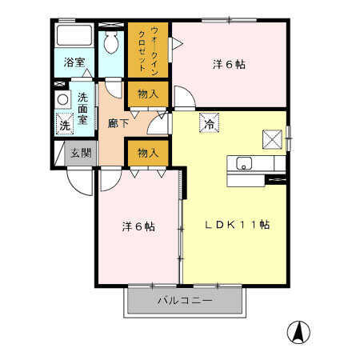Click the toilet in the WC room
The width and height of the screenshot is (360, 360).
111,42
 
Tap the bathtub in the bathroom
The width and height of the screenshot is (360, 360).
74,35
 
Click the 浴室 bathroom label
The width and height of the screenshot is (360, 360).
74,62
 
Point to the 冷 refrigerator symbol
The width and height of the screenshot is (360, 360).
210,123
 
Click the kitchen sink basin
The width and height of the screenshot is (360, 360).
244,163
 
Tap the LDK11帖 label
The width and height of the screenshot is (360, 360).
238,225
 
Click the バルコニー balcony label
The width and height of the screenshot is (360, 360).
185,301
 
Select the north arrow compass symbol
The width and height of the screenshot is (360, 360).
298,332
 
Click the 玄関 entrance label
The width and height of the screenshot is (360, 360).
81,154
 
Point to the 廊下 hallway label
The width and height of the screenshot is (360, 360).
118,123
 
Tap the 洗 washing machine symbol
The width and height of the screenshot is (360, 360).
65,124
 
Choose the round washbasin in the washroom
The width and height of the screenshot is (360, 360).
63,100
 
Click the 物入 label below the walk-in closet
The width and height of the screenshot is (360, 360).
148,94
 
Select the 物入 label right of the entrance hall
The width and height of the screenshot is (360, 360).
148,153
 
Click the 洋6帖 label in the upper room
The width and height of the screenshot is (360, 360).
229,65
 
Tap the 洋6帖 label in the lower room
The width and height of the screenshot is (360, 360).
138,226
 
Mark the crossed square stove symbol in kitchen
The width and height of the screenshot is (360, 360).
272,139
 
